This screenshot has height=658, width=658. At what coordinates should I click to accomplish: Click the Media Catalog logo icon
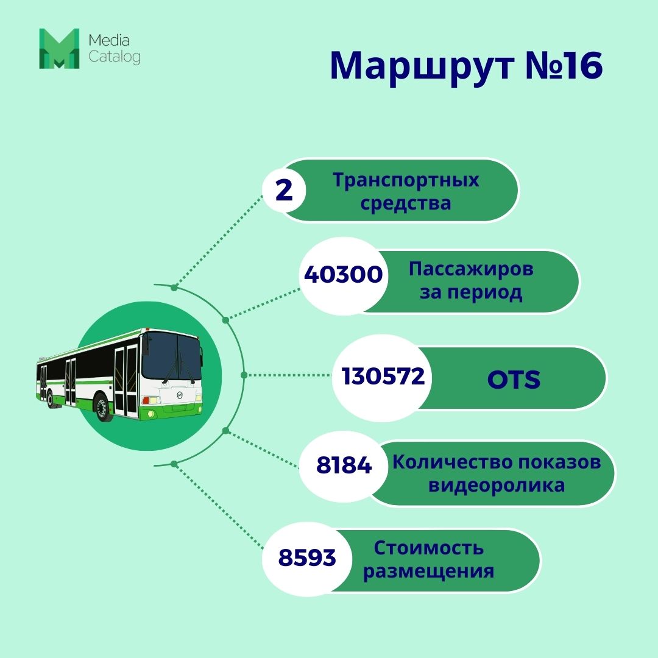[x=59, y=48]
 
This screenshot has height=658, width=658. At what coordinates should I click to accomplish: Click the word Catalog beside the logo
[x=114, y=57]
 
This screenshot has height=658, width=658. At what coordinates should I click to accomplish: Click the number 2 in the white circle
[x=284, y=190]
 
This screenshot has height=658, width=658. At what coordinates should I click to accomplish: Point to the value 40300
[x=343, y=275]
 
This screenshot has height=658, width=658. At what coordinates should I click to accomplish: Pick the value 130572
[x=383, y=377]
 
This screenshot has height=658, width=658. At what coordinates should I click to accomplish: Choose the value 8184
[x=344, y=466]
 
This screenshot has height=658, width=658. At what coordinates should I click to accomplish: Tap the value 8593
[x=307, y=557]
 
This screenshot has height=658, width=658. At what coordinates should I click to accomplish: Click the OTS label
[x=514, y=380]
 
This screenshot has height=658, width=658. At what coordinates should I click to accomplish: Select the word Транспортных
[x=406, y=181]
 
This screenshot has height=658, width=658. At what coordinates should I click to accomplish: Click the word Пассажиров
[x=471, y=269]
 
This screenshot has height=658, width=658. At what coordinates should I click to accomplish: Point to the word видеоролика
[x=497, y=486]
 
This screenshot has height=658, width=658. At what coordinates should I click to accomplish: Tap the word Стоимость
[x=429, y=548]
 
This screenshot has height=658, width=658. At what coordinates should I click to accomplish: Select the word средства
[x=406, y=203]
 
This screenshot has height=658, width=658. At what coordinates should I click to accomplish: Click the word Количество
[x=451, y=462]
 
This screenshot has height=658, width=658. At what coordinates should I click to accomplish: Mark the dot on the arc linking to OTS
[x=244, y=375]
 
